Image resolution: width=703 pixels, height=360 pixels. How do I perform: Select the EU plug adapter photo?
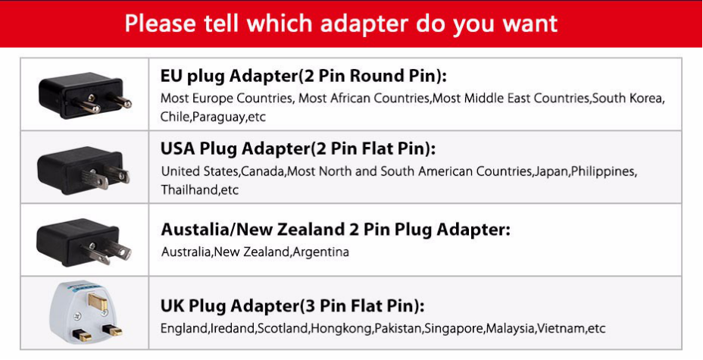(x=85, y=94)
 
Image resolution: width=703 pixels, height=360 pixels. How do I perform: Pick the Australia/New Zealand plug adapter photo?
(x=84, y=242)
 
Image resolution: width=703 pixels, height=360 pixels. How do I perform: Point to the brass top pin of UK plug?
(x=98, y=302)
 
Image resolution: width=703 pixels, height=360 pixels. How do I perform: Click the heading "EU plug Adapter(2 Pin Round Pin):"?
(x=304, y=77)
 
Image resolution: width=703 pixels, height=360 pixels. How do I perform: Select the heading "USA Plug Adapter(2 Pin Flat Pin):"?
(x=298, y=149)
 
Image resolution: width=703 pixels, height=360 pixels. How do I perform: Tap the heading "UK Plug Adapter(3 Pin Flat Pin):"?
(x=292, y=306)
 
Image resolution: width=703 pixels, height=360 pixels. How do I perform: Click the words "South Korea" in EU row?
(x=626, y=99)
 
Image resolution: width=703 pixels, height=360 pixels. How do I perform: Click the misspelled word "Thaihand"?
(x=190, y=189)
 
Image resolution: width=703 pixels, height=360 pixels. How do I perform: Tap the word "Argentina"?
(x=320, y=252)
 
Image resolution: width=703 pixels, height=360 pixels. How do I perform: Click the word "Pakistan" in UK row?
(x=398, y=329)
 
